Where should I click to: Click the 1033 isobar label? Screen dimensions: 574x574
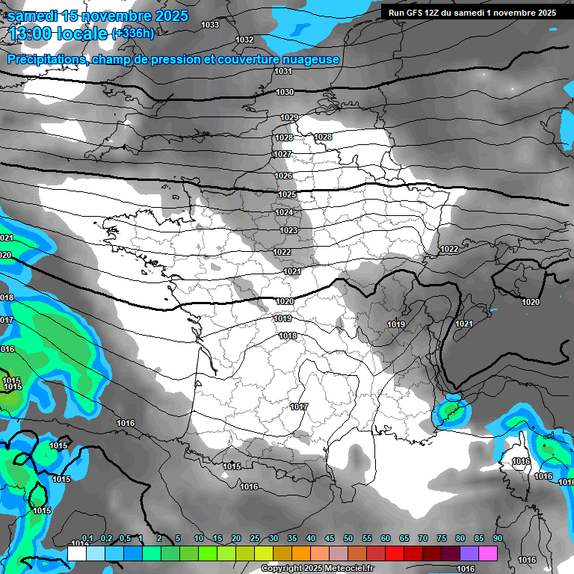click(x=210, y=25)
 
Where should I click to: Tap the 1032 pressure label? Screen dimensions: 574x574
click(x=244, y=40)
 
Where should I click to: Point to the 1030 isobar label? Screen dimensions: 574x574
click(x=285, y=92)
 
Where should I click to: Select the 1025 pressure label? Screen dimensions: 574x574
click(x=286, y=194)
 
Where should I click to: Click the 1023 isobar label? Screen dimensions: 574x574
click(x=289, y=230)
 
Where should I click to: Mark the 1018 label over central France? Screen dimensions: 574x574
click(x=288, y=336)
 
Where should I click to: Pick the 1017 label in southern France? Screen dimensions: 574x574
click(x=299, y=407)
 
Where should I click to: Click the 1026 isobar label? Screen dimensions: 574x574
click(x=283, y=176)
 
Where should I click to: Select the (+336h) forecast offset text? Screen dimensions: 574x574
click(x=133, y=34)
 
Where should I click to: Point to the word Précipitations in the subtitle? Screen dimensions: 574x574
click(x=47, y=59)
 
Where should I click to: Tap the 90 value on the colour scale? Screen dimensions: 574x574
click(x=497, y=539)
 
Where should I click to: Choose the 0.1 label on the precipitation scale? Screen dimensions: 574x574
click(x=87, y=539)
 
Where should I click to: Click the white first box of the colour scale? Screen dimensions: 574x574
click(x=76, y=553)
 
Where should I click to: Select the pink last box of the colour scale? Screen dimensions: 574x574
click(x=488, y=553)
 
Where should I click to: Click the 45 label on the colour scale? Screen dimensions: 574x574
click(x=330, y=539)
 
